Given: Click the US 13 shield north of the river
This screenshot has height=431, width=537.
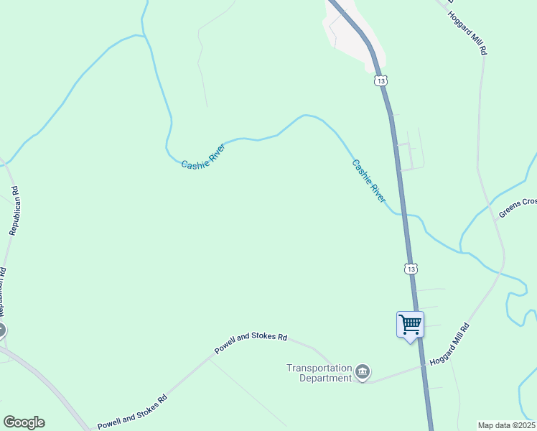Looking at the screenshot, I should click(x=381, y=81).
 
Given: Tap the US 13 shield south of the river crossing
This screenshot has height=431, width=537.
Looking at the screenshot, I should click(x=410, y=269).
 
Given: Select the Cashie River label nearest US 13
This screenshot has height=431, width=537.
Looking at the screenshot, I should click(x=368, y=180).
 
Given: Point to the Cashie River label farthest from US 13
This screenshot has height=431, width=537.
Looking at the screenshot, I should click(x=203, y=154).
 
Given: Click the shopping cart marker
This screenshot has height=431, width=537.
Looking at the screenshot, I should click(x=410, y=325).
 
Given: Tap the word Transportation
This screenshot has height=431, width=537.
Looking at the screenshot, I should click(x=319, y=368).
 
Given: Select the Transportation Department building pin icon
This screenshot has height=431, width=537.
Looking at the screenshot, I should click(x=363, y=372).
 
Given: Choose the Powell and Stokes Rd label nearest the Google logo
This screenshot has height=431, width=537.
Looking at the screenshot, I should click(x=132, y=410).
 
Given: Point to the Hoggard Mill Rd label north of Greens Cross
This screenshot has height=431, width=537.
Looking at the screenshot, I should click(x=467, y=33).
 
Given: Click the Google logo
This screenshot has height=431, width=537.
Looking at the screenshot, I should click(x=24, y=422).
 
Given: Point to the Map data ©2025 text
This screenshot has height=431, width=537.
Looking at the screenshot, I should click(x=506, y=425).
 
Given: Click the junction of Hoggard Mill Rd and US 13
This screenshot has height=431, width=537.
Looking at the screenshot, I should click(x=424, y=366).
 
